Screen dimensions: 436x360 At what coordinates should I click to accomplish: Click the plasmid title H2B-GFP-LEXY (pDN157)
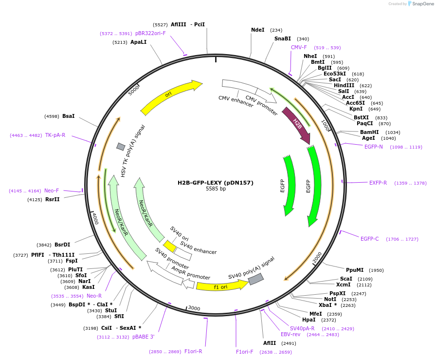point(215,183)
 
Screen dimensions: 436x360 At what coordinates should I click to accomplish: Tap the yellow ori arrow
point(171,96)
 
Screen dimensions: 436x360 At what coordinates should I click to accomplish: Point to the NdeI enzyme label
point(257,30)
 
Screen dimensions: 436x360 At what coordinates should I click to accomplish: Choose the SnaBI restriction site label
point(282,38)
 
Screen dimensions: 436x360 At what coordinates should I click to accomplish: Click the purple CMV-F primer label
point(299,47)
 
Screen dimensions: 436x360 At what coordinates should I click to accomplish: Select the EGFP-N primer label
point(373,147)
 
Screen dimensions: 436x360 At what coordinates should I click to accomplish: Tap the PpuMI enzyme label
point(355,270)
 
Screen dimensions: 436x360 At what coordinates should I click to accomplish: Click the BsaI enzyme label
point(69,116)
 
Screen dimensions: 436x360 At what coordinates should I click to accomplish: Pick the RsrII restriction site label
point(52,199)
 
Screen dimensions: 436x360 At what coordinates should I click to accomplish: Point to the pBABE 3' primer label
point(144,337)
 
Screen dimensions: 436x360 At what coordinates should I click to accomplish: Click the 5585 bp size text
point(216,189)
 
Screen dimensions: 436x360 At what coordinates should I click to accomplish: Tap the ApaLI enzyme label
point(138,42)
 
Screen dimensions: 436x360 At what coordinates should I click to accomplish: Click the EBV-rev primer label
point(291,334)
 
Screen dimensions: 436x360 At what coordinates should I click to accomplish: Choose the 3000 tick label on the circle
point(194,308)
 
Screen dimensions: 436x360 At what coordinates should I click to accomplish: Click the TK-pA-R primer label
point(55,135)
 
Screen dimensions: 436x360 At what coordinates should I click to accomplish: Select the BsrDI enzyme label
point(62,245)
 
